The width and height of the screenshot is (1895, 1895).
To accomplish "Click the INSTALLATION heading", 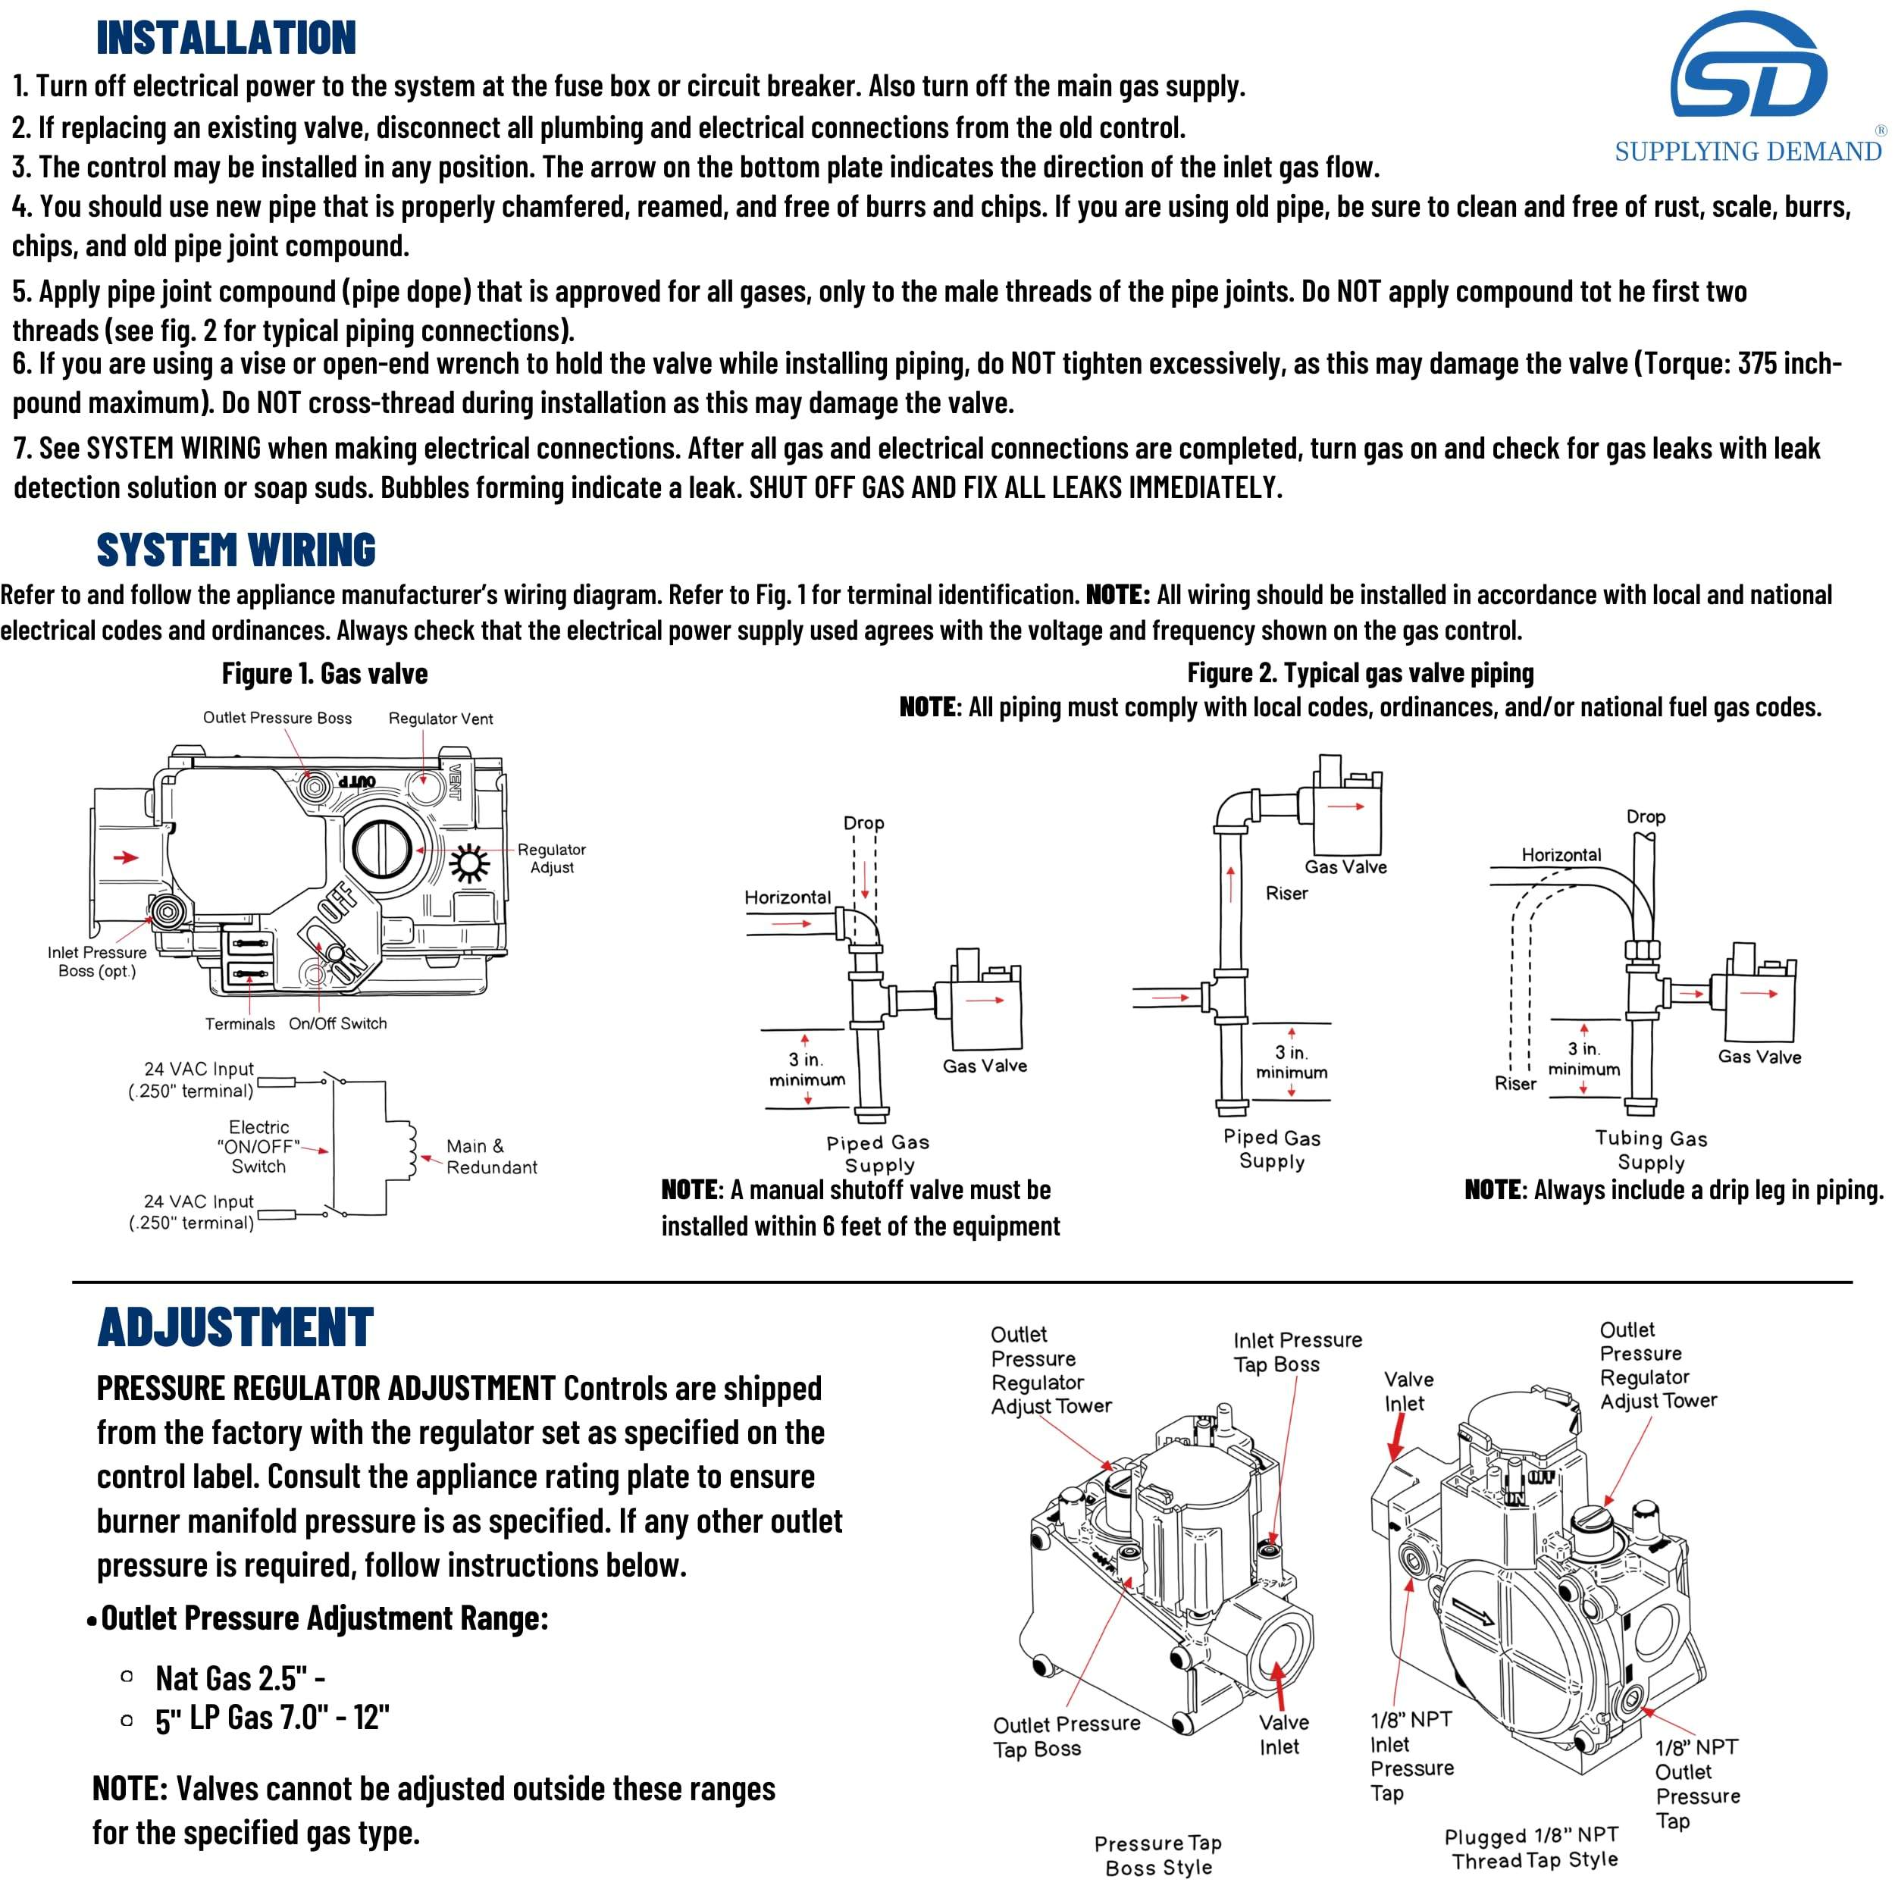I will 226,37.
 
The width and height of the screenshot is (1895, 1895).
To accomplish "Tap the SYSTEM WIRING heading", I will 236,550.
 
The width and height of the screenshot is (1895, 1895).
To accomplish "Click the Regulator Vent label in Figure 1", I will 440,719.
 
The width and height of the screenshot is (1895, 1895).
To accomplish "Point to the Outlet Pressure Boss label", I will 277,718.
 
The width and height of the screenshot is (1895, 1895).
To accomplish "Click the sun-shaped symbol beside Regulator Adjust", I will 469,863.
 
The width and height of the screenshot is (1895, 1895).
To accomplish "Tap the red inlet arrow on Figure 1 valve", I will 126,857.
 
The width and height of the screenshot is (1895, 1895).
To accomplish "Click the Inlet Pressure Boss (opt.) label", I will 96,961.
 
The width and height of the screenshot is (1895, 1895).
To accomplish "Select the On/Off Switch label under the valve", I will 337,1023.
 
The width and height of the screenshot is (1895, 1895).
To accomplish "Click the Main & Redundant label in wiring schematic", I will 490,1157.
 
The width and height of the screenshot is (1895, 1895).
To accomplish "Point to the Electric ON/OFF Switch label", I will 259,1147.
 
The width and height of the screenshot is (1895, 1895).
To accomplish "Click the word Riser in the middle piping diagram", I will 1286,894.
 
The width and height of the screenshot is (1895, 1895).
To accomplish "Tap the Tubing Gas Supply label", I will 1651,1151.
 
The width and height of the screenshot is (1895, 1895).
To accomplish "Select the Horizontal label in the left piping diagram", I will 787,897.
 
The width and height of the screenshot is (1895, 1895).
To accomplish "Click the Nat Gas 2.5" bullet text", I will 240,1679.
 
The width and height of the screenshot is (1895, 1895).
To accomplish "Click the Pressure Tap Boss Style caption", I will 1157,1855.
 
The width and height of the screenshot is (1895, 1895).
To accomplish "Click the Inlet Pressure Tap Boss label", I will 1297,1352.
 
